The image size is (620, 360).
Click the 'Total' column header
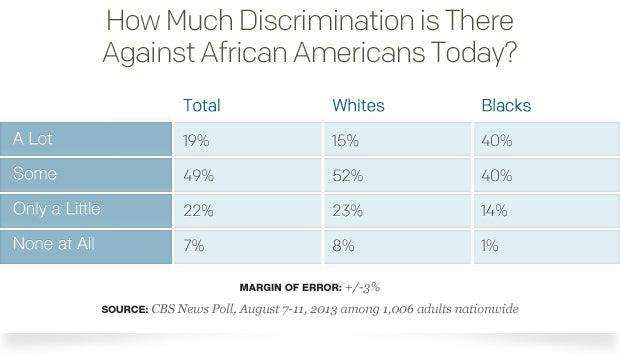point(202,104)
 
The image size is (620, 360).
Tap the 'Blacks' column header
point(506,104)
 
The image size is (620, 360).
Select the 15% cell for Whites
point(346,141)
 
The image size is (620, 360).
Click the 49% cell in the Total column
point(197,176)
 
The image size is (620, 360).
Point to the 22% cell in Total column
point(197,211)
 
